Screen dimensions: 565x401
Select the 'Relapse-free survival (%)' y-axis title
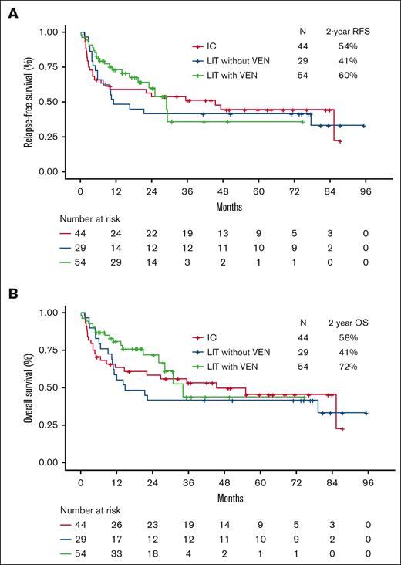coord(28,101)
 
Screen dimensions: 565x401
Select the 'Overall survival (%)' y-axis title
coord(28,387)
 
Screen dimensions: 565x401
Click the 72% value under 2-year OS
coord(356,365)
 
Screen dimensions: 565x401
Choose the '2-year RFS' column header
coord(356,32)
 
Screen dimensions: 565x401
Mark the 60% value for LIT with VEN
coord(356,73)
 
